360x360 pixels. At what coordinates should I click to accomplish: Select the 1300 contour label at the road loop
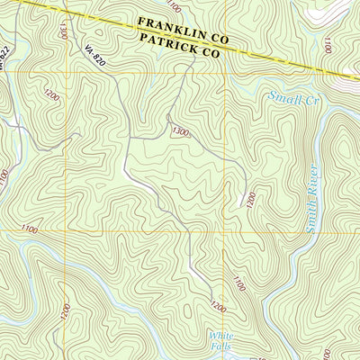180,131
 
